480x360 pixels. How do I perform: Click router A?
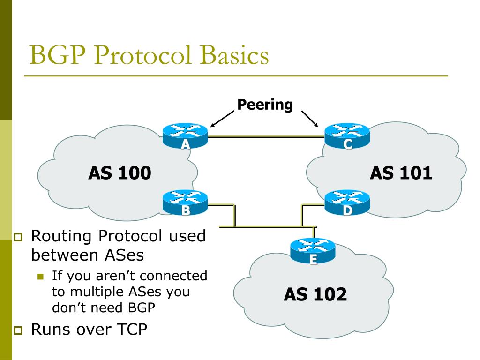point(186,135)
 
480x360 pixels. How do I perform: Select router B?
point(186,202)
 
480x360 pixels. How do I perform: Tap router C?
point(347,135)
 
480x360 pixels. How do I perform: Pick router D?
point(347,202)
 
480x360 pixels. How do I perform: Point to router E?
point(313,250)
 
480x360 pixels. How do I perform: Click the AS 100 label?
point(120,173)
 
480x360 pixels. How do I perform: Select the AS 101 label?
point(401,173)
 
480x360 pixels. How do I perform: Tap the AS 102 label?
point(315,294)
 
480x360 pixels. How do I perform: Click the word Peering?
point(265,104)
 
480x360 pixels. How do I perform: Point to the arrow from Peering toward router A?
point(222,119)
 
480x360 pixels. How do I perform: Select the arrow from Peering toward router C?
point(310,119)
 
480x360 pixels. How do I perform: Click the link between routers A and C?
point(266,136)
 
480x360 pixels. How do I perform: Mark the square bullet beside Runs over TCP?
point(18,330)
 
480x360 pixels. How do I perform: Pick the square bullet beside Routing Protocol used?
point(18,237)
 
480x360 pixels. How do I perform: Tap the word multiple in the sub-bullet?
point(97,292)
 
